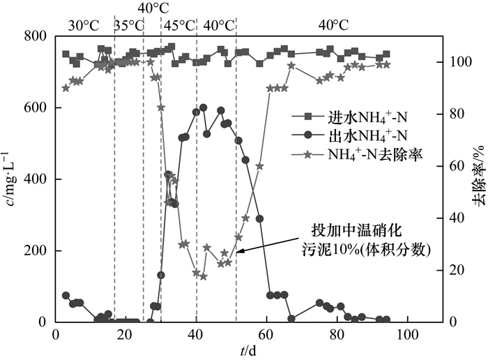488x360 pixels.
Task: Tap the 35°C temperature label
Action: tap(129, 25)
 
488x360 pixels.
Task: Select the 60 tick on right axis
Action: tap(455, 166)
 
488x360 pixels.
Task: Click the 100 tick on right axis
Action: tap(459, 62)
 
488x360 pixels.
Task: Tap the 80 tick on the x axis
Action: tap(337, 334)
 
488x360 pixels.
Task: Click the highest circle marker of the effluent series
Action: tap(204, 108)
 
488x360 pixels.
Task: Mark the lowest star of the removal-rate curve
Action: tap(204, 276)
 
